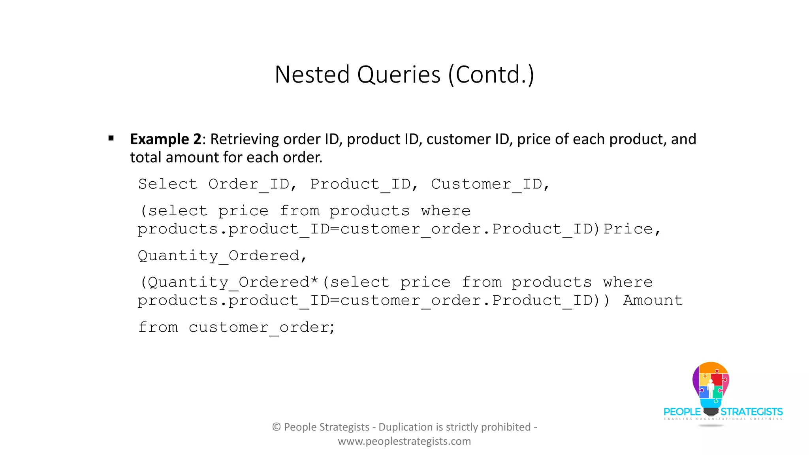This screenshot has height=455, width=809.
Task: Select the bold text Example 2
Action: pos(166,139)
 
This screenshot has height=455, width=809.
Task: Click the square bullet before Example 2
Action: pos(111,138)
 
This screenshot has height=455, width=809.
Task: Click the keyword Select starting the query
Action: pos(167,184)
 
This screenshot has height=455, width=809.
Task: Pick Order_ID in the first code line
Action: pos(249,184)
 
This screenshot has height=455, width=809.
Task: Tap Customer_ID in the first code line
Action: pos(487,184)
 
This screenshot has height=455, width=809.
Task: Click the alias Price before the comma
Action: pos(628,229)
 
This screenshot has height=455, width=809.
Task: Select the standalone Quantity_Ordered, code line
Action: pos(222,256)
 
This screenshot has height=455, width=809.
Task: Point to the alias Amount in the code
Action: pos(653,301)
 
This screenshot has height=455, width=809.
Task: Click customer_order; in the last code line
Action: pos(262,327)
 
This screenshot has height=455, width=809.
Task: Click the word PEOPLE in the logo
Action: pos(682,412)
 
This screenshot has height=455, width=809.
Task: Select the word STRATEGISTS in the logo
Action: pos(752,412)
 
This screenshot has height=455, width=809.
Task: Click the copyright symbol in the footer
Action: pos(277,427)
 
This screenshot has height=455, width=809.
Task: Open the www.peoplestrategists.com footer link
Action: pos(404,441)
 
